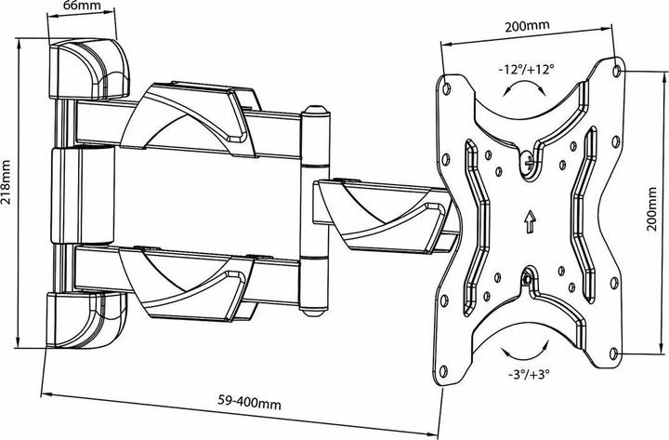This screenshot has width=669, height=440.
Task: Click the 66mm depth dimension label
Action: pos(82,7)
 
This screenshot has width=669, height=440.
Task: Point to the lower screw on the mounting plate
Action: pos(528,276)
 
